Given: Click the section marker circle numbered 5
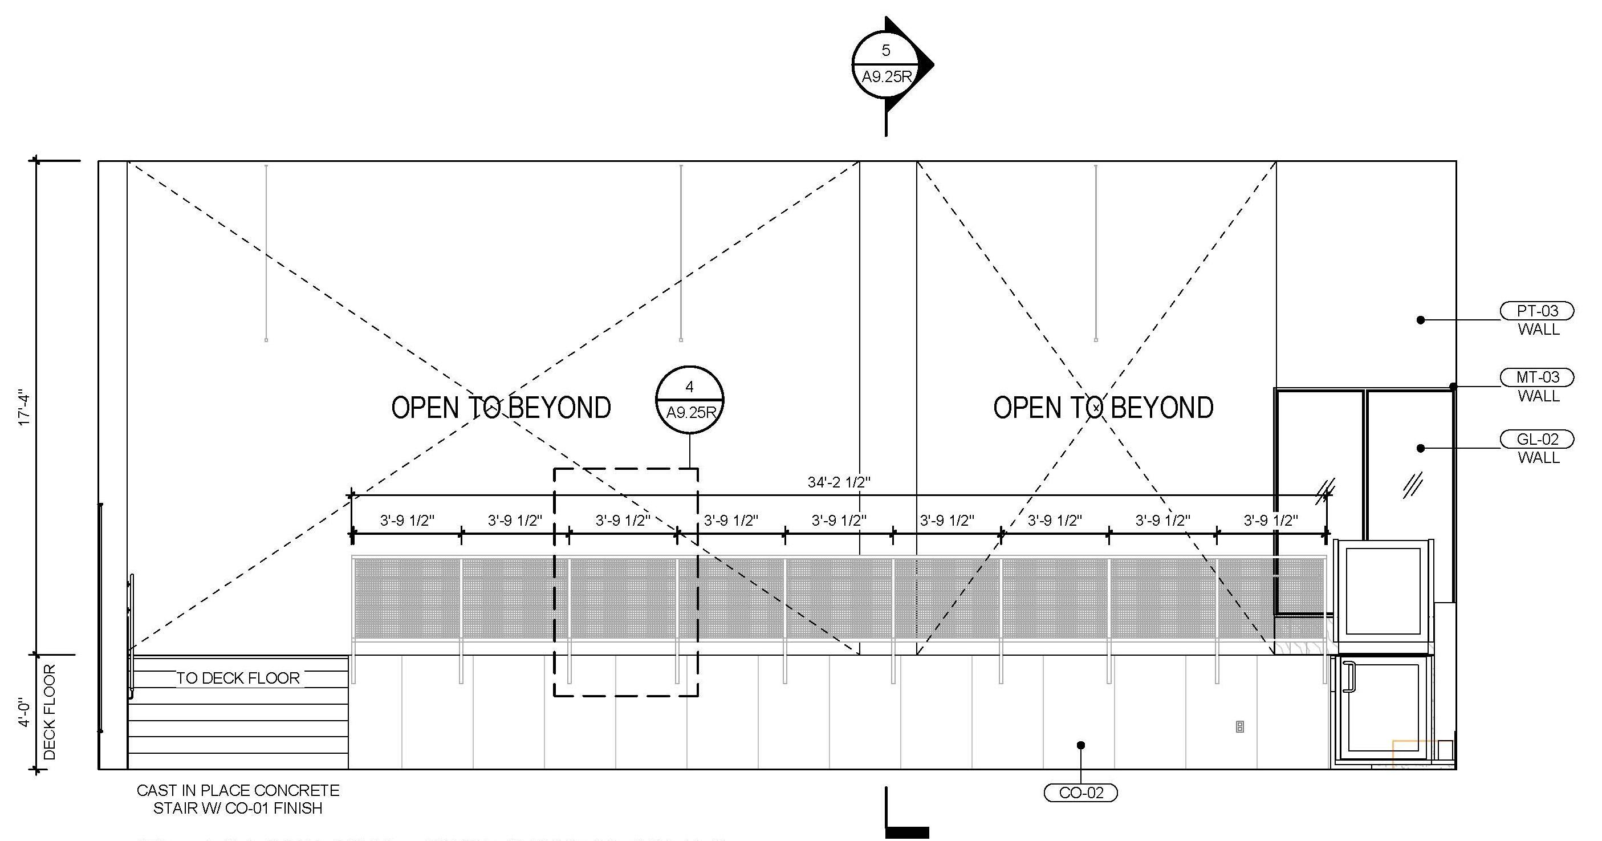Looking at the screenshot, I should (x=885, y=63).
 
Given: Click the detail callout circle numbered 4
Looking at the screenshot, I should (x=689, y=399).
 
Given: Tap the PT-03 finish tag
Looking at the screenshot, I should (x=1538, y=310).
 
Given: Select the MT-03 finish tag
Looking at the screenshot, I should (x=1538, y=377).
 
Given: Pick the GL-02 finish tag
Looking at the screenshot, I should (x=1538, y=439).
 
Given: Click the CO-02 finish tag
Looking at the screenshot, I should (x=1081, y=793).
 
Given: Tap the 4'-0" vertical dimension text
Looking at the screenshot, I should (x=25, y=713).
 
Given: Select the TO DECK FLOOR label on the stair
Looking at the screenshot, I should (x=238, y=678).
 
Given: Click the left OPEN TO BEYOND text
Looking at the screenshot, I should (x=501, y=408).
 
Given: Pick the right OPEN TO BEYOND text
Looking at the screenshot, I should (x=1103, y=408).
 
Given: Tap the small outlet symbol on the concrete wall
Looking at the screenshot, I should (x=1239, y=726).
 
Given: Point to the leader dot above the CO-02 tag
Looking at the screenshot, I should (x=1081, y=745).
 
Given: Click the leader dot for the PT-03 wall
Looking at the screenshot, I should (x=1420, y=320).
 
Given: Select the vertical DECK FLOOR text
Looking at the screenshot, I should (x=50, y=712).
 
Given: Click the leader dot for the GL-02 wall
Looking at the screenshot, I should (x=1420, y=448).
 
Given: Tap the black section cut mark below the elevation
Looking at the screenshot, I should (x=906, y=831).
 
